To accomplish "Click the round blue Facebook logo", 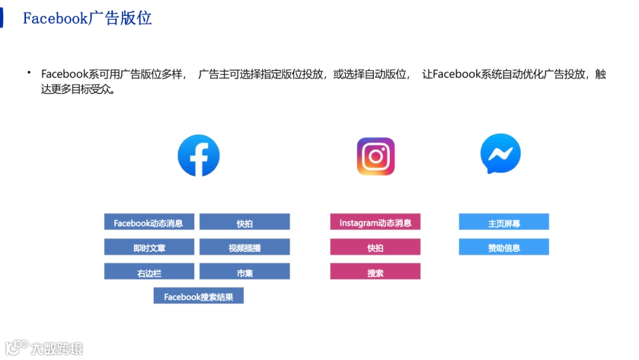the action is point(199,156).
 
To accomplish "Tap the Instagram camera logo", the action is point(376,156).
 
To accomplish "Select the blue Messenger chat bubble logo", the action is point(501,154).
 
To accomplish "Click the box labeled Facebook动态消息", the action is point(149,222).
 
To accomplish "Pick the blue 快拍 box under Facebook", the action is point(244,222).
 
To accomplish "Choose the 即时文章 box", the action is point(149,247).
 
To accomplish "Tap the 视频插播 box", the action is point(244,247).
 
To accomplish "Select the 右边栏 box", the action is point(149,272).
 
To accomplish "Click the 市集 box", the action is point(244,272).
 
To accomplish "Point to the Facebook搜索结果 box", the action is point(198,296).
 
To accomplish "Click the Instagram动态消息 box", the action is point(375,222).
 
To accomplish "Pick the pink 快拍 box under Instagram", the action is point(375,247).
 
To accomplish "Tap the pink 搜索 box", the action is point(375,272).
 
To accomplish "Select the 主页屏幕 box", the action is point(504,222).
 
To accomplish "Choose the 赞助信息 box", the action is point(504,247).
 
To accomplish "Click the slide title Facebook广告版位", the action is point(87,18).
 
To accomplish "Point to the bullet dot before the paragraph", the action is point(28,72).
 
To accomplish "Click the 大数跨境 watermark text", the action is point(57,348).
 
